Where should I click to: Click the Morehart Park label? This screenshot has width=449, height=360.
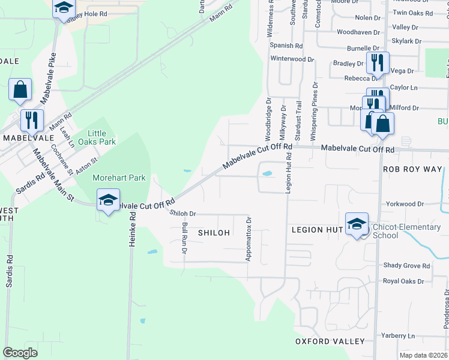pyautogui.click(x=119, y=178)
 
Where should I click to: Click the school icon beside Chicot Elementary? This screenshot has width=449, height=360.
pyautogui.click(x=357, y=224)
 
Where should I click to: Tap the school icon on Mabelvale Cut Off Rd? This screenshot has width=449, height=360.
pyautogui.click(x=108, y=200)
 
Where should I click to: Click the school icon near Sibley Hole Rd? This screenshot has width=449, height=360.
pyautogui.click(x=63, y=8)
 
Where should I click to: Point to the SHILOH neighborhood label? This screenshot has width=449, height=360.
pyautogui.click(x=214, y=232)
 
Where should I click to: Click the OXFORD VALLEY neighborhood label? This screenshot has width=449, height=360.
pyautogui.click(x=330, y=341)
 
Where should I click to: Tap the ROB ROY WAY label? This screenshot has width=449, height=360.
pyautogui.click(x=415, y=170)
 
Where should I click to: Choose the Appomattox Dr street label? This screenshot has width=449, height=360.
pyautogui.click(x=249, y=239)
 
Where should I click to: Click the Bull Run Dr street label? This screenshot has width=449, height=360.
pyautogui.click(x=184, y=237)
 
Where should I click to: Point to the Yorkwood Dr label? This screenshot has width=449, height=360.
pyautogui.click(x=405, y=204)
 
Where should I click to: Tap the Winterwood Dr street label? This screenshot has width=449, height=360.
pyautogui.click(x=292, y=59)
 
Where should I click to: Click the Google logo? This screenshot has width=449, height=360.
pyautogui.click(x=20, y=353)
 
